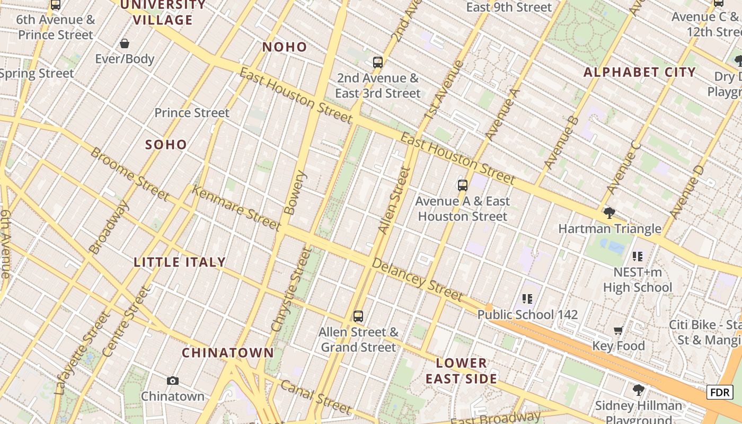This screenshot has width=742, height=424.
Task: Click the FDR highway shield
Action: [x=720, y=392]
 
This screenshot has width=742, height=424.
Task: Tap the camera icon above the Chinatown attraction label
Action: [x=172, y=381]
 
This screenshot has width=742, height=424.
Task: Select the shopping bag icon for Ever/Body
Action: [x=125, y=43]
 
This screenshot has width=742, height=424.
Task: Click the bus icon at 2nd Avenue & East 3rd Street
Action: [x=378, y=63]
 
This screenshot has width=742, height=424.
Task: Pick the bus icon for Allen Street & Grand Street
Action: [x=358, y=316]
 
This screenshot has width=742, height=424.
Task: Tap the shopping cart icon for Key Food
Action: [x=618, y=331]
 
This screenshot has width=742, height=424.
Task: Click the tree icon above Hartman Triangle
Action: [x=609, y=213]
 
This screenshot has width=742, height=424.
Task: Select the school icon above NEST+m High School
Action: [x=638, y=257]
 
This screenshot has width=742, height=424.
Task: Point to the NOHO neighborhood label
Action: [x=285, y=47]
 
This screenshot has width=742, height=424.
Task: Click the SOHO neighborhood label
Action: [x=166, y=145]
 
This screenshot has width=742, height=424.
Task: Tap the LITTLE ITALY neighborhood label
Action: [x=180, y=262]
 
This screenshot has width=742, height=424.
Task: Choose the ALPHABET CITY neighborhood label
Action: [x=639, y=73]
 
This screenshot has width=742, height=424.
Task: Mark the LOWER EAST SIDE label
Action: [x=462, y=371]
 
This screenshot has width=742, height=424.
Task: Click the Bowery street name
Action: [x=295, y=192]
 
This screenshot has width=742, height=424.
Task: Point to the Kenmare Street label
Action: [x=236, y=208]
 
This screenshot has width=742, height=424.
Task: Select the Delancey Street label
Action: [x=417, y=279]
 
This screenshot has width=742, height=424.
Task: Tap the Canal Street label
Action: [x=315, y=397]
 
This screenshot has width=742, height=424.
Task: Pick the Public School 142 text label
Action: [x=527, y=315]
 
